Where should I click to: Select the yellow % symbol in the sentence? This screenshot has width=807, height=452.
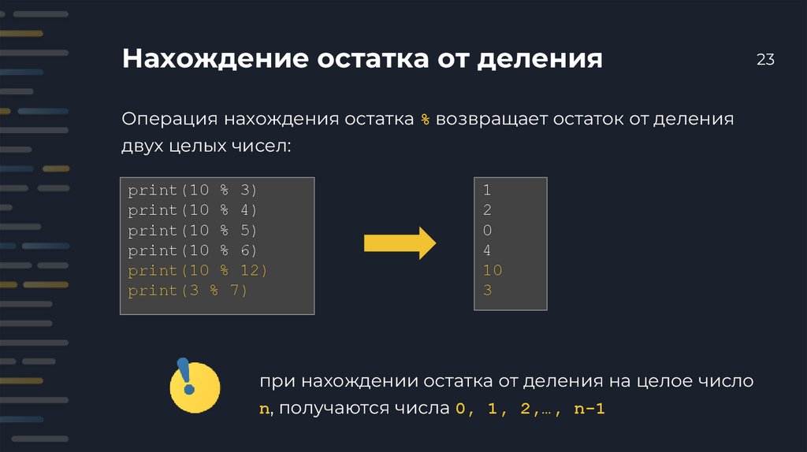click(425, 120)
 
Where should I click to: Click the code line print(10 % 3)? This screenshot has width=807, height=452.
click(192, 191)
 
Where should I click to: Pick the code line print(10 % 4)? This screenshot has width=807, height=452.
click(192, 210)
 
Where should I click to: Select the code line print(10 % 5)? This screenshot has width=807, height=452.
click(192, 231)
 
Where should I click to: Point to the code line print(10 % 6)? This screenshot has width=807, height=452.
click(192, 250)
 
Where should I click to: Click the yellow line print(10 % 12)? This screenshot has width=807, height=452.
click(198, 271)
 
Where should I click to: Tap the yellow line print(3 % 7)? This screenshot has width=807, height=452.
click(188, 291)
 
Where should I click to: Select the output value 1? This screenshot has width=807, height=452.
click(487, 191)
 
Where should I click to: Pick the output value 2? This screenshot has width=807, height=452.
click(487, 210)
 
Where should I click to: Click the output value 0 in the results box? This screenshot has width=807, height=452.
click(487, 231)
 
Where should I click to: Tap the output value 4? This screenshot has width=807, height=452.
click(487, 250)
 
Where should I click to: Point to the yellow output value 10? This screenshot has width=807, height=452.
click(492, 271)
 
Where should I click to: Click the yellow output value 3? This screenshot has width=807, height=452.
click(487, 291)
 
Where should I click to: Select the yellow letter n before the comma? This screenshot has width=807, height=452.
click(264, 409)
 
